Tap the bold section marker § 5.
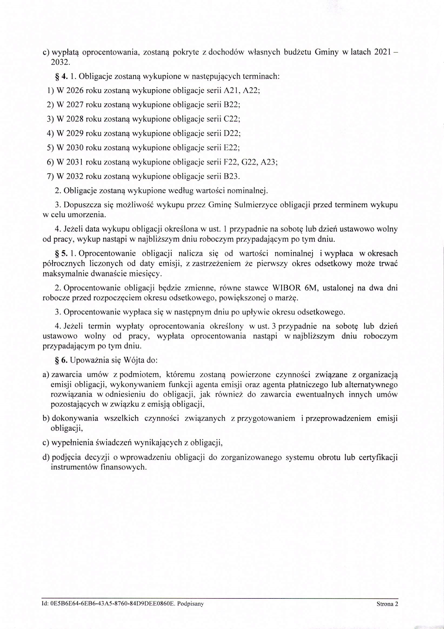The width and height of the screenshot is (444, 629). pos(61,254)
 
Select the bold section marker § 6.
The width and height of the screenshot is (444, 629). pos(61,360)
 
